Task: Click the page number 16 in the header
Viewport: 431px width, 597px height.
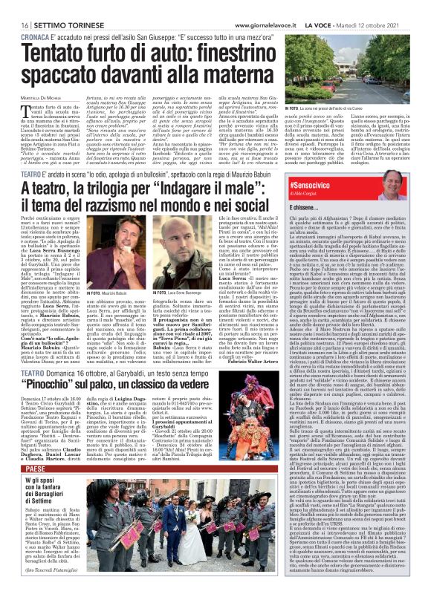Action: coord(16,7)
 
